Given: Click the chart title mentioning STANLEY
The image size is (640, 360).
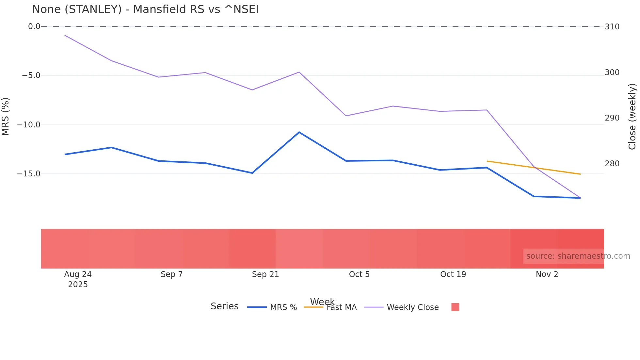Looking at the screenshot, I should [x=145, y=9].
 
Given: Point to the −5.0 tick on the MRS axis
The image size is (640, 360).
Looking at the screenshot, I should [x=31, y=75].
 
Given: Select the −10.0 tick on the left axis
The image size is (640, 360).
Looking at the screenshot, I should [x=29, y=124].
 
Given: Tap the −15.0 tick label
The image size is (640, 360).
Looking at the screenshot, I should [x=29, y=173].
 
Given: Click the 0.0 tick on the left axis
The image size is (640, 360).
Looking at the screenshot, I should [x=34, y=26].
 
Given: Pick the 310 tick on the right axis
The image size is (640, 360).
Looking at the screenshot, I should [x=612, y=27].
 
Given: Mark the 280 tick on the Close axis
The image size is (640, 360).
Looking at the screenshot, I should [x=612, y=164].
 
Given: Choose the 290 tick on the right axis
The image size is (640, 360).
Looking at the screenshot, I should [x=612, y=118].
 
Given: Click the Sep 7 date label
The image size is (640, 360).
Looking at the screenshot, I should [x=171, y=274].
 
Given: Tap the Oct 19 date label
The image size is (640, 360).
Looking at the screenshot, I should [x=453, y=274].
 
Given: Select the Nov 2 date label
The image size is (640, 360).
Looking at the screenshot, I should [x=547, y=274].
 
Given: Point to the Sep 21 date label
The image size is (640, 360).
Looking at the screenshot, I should [x=265, y=274].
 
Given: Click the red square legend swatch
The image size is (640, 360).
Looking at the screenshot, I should [x=455, y=307].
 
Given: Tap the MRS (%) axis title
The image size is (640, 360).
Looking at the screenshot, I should [x=6, y=116].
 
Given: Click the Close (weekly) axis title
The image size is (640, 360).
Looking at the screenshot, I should [x=632, y=116].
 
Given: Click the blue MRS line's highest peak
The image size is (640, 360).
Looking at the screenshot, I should [x=299, y=132].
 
